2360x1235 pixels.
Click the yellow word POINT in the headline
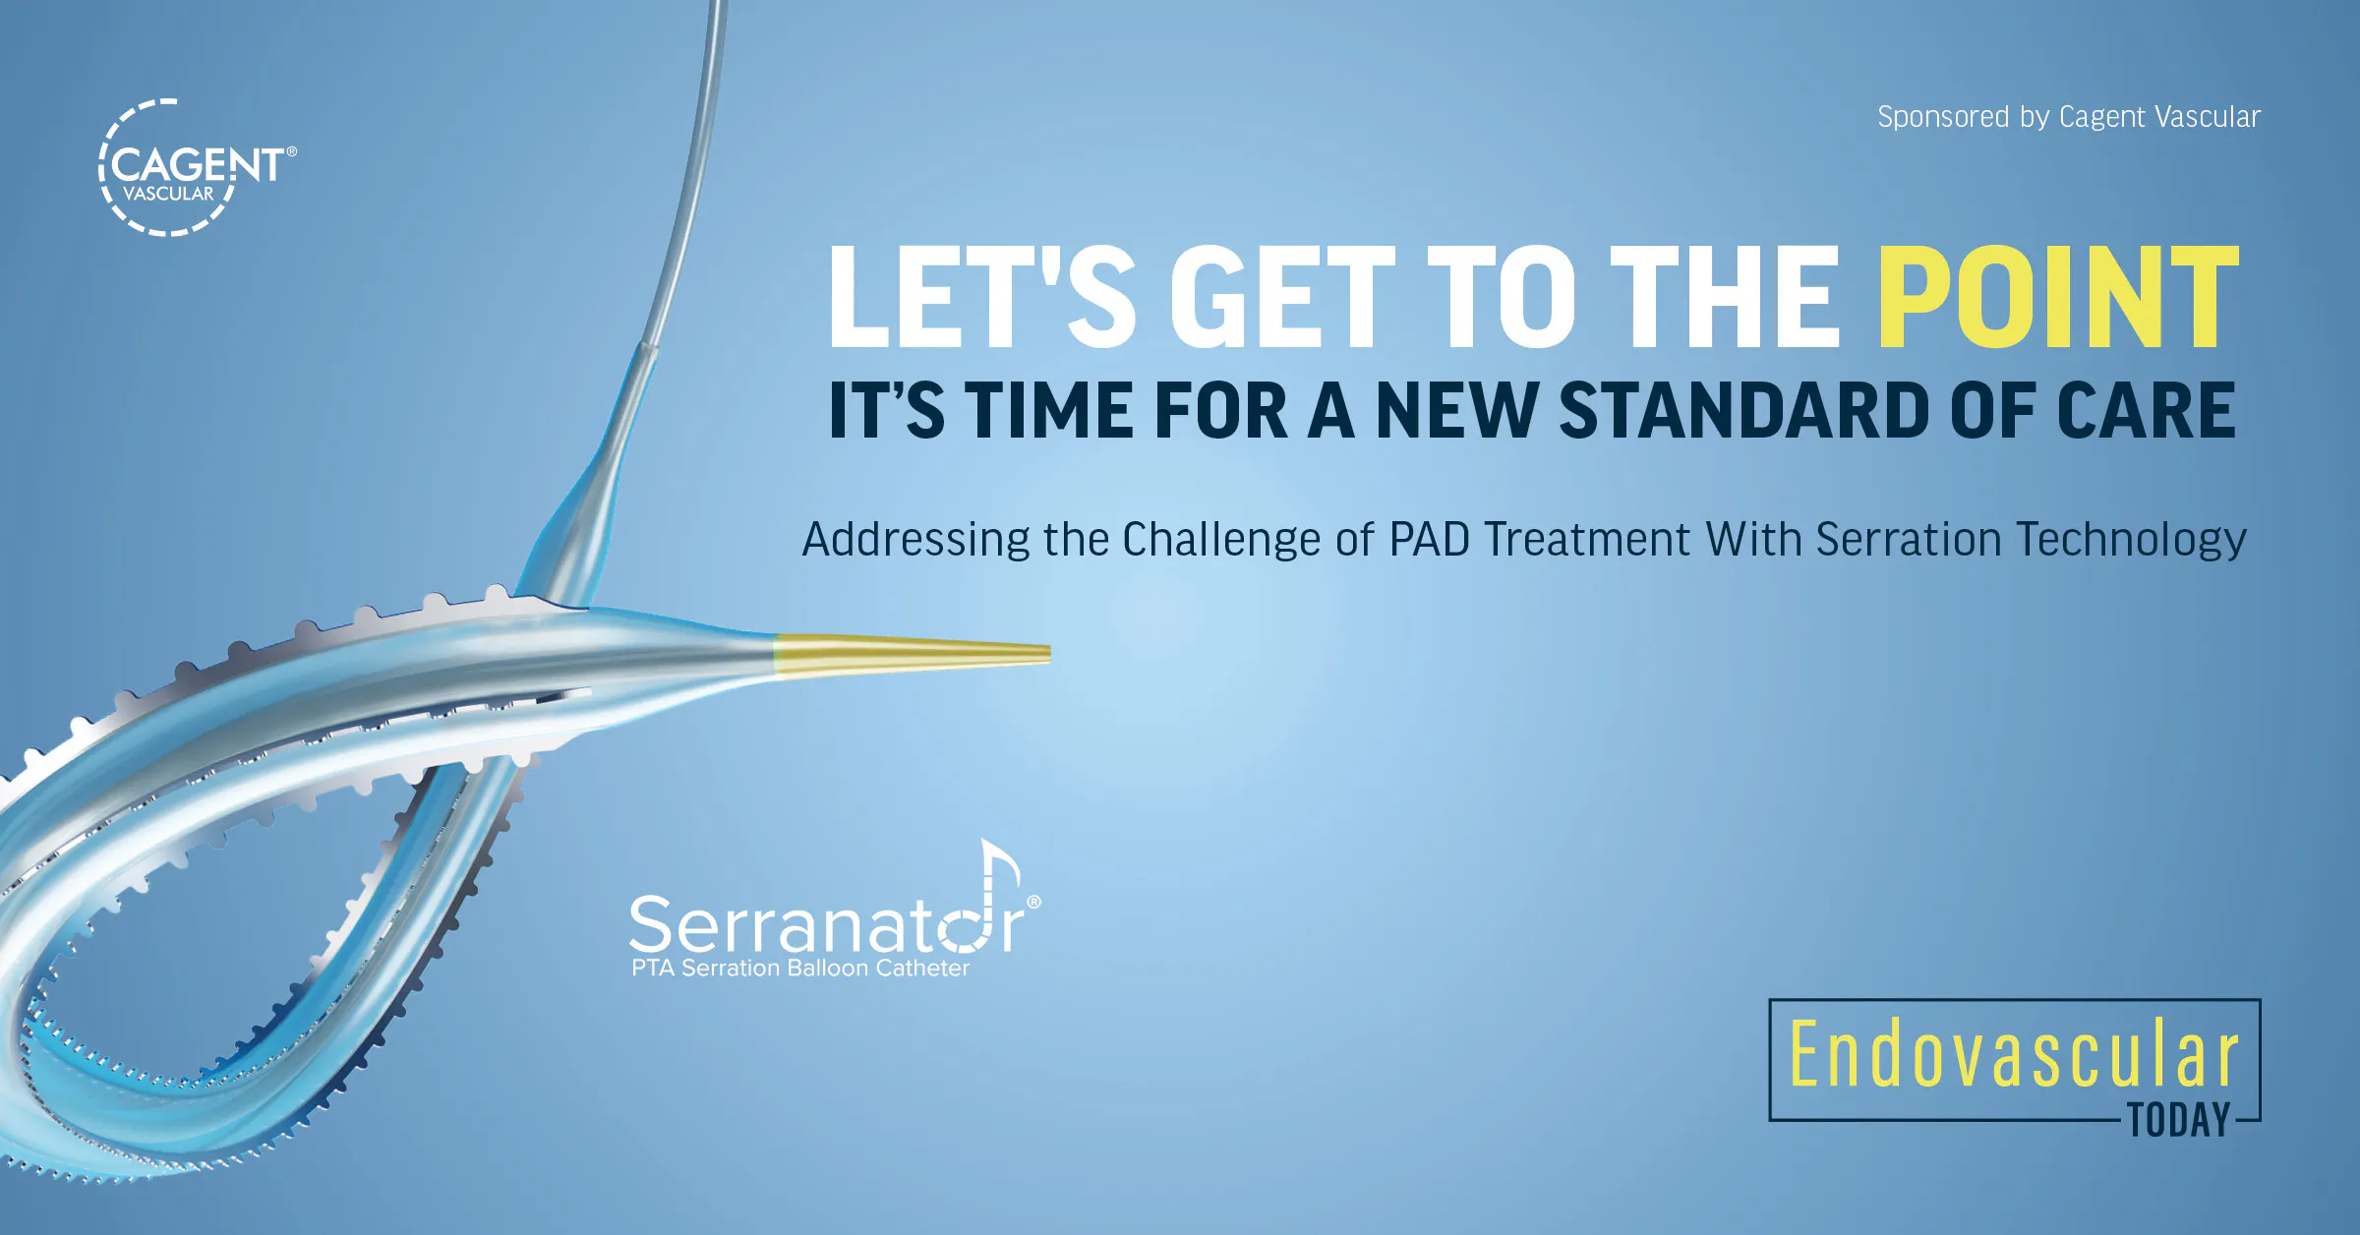click(x=2057, y=297)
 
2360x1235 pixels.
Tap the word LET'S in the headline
click(x=981, y=297)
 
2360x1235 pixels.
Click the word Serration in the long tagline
click(x=1908, y=539)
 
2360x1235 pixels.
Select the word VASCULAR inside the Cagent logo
click(x=168, y=194)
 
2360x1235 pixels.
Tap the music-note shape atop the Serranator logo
click(x=998, y=865)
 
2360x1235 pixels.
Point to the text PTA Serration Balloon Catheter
click(x=799, y=969)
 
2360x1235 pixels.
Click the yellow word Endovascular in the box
click(x=2013, y=1054)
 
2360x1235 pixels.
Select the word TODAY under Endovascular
click(x=2179, y=1121)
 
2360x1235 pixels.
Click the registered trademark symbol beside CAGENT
click(x=291, y=151)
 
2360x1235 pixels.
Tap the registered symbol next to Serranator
click(x=1033, y=902)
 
